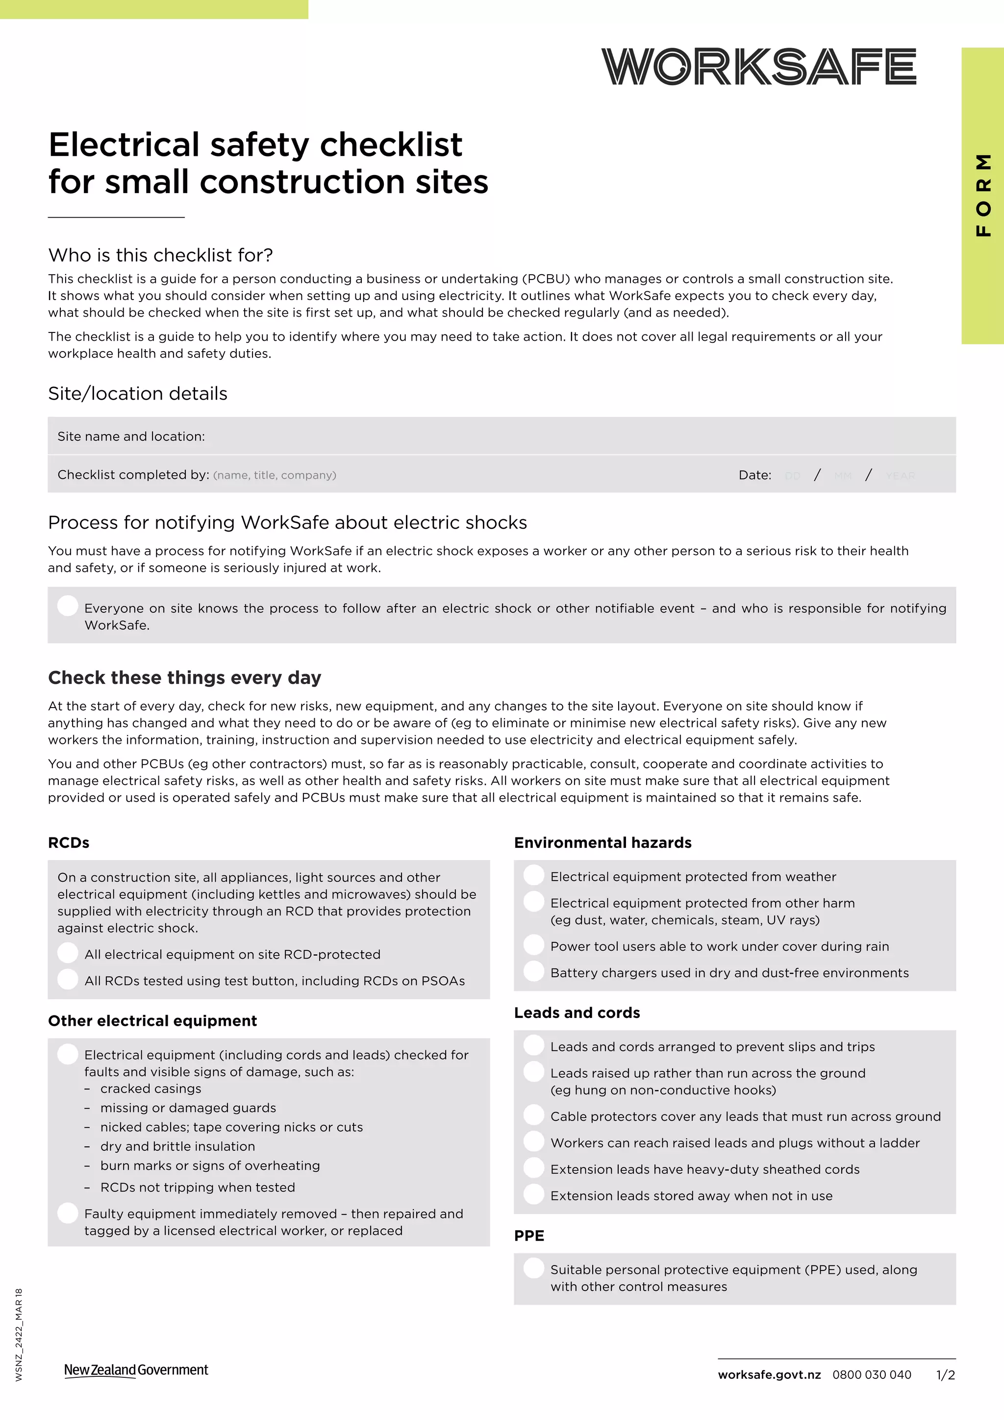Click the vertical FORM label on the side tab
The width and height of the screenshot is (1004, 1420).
pos(983,195)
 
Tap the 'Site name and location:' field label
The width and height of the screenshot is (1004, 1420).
pos(131,436)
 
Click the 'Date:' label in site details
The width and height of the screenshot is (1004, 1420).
pos(755,475)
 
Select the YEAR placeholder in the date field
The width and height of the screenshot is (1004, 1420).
pos(900,476)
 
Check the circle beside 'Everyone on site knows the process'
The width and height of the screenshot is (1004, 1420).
pos(67,606)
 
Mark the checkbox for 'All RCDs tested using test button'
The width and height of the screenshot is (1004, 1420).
pos(67,979)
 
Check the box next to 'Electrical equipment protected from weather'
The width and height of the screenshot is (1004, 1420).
pos(533,875)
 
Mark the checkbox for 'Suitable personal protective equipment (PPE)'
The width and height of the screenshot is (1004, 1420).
pos(533,1268)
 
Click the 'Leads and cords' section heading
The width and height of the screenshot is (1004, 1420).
pos(577,1013)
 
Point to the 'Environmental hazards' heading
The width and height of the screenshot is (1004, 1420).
pos(603,843)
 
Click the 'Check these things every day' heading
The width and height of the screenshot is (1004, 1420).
pos(184,678)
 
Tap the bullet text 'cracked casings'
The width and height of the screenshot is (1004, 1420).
pos(151,1089)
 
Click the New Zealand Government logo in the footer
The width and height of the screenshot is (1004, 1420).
pos(136,1370)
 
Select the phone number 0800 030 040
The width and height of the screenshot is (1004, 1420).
pos(872,1375)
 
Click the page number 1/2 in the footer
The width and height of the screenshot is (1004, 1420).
pos(945,1375)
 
